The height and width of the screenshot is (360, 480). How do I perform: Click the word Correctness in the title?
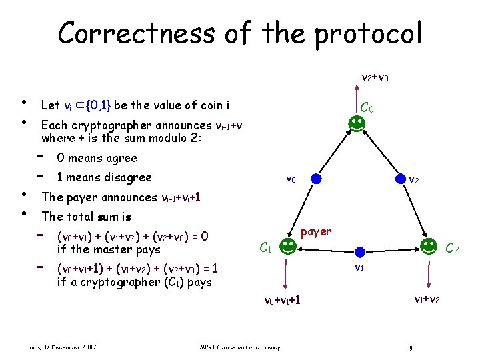(139, 33)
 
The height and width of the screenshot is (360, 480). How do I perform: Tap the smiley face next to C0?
(355, 123)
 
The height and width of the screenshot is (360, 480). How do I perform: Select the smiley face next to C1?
(287, 247)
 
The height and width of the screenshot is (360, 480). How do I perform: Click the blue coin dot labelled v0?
(316, 179)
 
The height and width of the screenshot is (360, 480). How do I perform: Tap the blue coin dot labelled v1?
(359, 251)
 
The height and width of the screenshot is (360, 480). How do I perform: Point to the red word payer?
(316, 231)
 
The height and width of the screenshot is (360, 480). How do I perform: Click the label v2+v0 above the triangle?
(375, 78)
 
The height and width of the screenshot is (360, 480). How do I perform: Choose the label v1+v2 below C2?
(427, 299)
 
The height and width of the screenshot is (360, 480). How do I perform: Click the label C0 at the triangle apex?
(367, 107)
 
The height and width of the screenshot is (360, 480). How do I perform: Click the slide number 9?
(412, 347)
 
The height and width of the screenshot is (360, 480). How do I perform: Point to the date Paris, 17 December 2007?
(61, 347)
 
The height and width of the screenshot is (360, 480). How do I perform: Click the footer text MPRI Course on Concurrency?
(240, 347)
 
